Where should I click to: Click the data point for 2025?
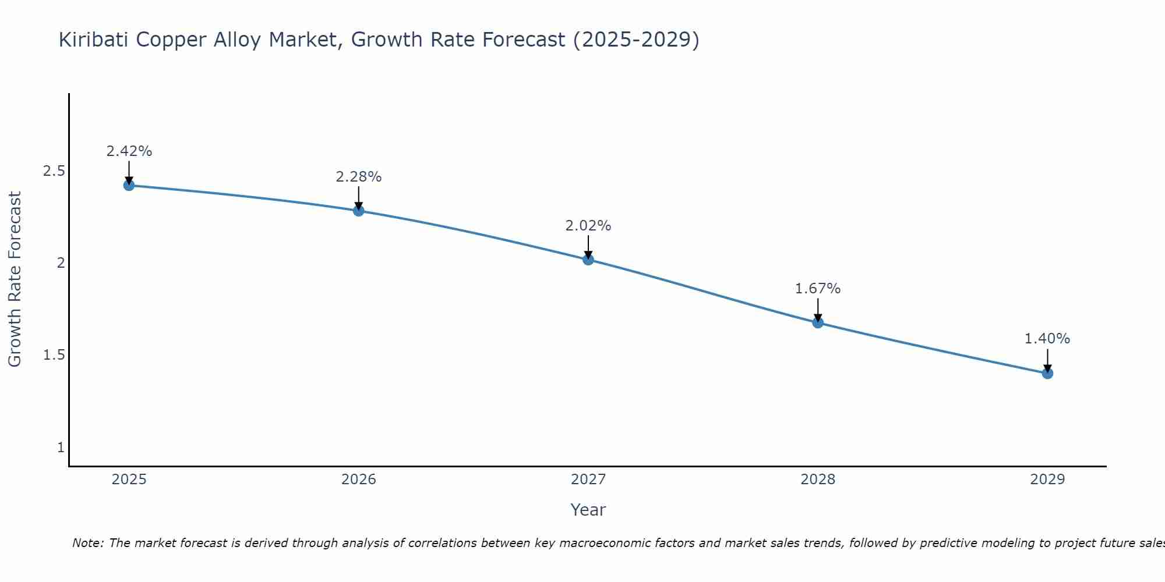pos(129,186)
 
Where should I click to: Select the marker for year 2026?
pos(358,211)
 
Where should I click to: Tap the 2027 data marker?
pos(588,260)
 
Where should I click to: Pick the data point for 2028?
pos(817,322)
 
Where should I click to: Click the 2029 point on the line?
pos(1047,373)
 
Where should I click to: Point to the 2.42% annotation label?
pos(129,151)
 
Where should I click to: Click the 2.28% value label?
pos(358,177)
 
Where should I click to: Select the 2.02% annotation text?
pos(588,226)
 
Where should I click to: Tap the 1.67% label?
pos(817,289)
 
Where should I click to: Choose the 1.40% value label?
pos(1047,339)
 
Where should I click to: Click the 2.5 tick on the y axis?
pos(54,171)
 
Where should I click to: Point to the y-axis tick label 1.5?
pos(54,355)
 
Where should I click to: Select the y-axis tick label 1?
pos(61,448)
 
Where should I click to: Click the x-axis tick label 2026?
pos(358,480)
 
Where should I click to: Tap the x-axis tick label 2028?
pos(817,480)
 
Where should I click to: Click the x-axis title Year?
pos(588,510)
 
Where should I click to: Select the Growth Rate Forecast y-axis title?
pos(15,279)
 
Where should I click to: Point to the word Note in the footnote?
pos(87,543)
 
